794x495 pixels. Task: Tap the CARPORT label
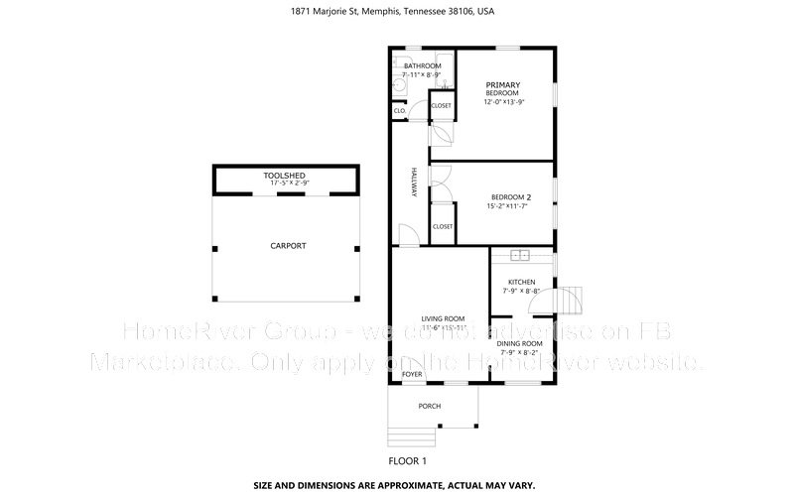[288, 245]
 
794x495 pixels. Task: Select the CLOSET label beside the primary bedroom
[441, 105]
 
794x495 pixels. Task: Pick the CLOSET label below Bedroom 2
[442, 226]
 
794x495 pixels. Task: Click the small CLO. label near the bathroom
[399, 110]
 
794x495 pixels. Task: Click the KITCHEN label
[521, 281]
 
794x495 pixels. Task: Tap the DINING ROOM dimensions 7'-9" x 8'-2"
[519, 352]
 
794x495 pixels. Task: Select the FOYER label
[411, 375]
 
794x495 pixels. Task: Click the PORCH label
[429, 406]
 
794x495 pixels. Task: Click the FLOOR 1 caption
[407, 461]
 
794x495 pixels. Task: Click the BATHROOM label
[422, 65]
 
